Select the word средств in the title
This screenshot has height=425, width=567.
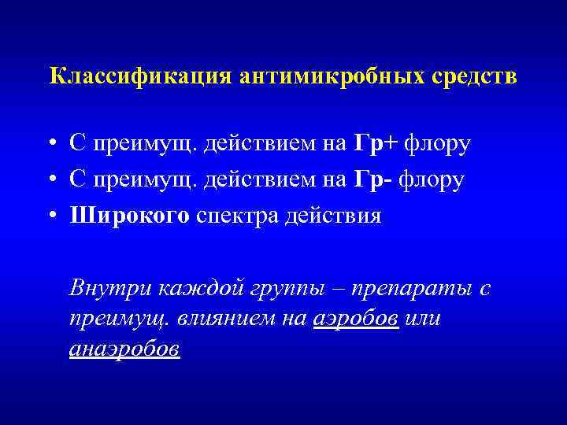(475, 77)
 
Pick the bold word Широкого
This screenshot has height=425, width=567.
(129, 216)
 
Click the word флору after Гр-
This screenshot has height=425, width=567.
(432, 179)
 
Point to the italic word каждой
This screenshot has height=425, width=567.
(187, 288)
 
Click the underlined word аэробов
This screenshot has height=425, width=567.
(355, 319)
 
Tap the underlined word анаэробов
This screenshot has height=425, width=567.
(124, 349)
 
